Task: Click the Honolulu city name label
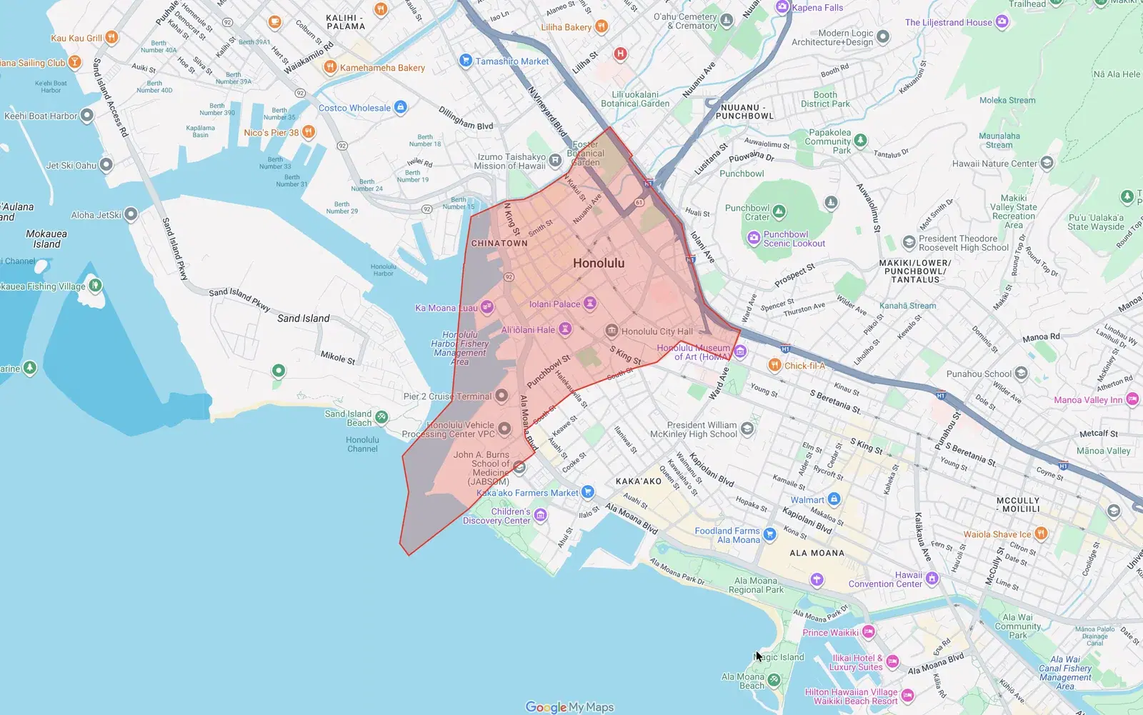coord(598,263)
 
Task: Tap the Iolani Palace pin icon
coord(590,304)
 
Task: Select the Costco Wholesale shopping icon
coord(401,108)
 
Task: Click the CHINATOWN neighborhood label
coord(499,244)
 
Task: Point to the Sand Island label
coord(303,318)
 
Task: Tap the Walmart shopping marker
coord(834,499)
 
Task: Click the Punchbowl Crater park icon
coord(779,211)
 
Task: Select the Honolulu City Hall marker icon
coord(612,331)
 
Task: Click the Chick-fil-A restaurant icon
coord(774,365)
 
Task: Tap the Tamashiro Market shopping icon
coord(466,61)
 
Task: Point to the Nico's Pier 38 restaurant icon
coord(308,132)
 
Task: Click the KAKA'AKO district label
coord(639,481)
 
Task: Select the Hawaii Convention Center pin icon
coord(932,579)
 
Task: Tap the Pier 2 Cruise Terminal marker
coord(501,396)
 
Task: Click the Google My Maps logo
coord(569,707)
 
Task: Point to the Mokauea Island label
coord(46,239)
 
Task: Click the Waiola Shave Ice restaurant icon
coord(1041,534)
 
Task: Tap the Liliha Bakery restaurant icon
coord(602,27)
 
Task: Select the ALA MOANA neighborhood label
coord(817,553)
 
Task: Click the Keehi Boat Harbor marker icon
coord(87,115)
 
